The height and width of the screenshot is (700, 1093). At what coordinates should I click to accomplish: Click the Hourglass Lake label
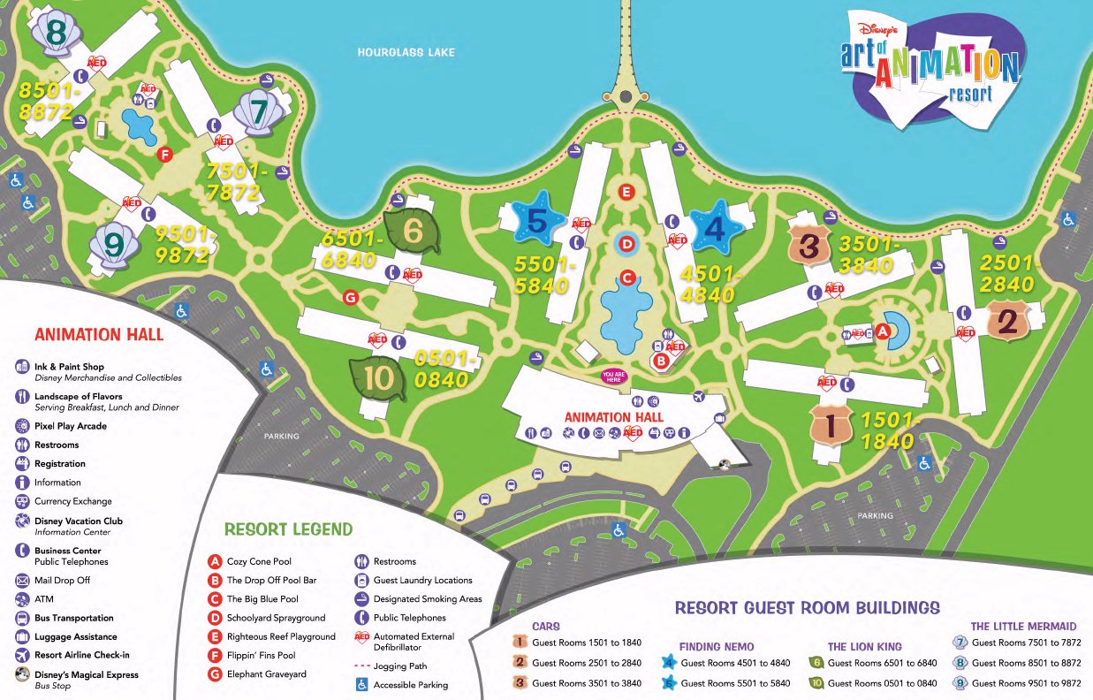[x=406, y=52]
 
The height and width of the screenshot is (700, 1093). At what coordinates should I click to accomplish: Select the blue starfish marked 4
[x=715, y=229]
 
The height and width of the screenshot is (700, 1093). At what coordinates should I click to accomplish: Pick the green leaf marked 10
[x=377, y=378]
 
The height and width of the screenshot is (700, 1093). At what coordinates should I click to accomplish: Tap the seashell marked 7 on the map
[x=258, y=112]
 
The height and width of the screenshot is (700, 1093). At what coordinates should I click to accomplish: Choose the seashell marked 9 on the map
[x=113, y=245]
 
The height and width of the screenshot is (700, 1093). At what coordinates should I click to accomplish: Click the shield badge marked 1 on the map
[x=830, y=427]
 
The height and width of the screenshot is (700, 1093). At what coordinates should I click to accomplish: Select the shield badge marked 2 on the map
[x=1006, y=321]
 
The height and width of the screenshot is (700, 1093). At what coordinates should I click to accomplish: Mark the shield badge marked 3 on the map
[x=808, y=245]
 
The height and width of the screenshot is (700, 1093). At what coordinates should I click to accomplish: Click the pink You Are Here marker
[x=613, y=376]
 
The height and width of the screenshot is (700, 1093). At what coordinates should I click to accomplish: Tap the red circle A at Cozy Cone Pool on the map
[x=880, y=331]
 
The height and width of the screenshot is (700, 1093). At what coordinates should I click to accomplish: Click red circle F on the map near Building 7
[x=163, y=155]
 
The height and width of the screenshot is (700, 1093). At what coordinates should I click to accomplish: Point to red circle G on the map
[x=350, y=298]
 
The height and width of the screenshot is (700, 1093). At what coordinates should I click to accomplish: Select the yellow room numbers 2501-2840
[x=1006, y=273]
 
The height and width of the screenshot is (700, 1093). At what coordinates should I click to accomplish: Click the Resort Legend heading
[x=288, y=529]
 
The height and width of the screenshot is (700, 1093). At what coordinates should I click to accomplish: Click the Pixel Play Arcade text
[x=71, y=426]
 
